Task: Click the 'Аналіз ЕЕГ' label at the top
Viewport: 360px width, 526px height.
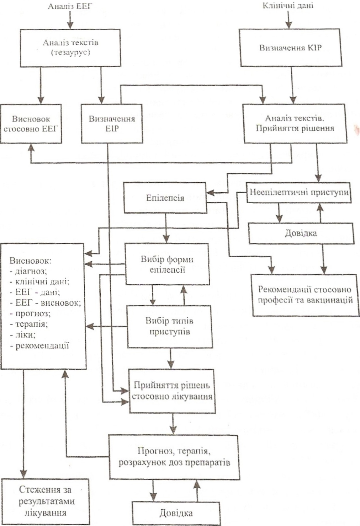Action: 70,6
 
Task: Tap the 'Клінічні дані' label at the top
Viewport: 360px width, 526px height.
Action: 288,6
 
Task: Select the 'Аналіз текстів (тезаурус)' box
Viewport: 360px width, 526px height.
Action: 70,47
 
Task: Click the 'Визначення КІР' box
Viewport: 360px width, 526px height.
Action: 290,48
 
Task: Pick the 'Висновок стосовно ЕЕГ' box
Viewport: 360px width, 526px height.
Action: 31,124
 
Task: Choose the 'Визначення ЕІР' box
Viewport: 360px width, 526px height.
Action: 112,124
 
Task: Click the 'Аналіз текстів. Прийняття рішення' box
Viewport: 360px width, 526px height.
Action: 294,123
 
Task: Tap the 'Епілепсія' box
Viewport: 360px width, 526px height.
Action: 165,198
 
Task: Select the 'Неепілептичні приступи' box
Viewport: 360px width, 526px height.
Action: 299,192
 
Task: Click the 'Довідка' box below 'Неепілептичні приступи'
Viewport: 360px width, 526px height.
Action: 301,234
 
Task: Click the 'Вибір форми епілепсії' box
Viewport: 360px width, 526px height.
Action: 167,264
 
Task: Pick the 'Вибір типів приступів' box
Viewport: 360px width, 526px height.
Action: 170,327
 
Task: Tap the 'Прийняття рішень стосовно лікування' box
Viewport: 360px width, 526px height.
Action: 172,391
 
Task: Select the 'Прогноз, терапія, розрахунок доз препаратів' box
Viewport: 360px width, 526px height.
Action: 174,457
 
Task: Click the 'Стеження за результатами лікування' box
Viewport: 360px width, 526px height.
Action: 45,501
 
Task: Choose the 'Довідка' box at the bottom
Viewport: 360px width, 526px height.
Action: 176,513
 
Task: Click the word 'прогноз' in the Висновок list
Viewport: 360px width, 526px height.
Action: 33,313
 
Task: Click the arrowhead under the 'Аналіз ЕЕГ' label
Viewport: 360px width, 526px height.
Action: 70,25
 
